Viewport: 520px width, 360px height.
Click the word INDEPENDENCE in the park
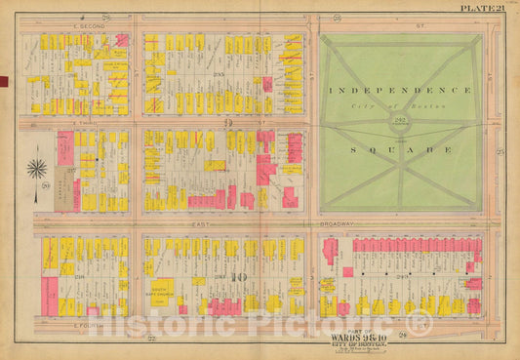400,89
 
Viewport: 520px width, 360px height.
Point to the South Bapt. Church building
161,288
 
